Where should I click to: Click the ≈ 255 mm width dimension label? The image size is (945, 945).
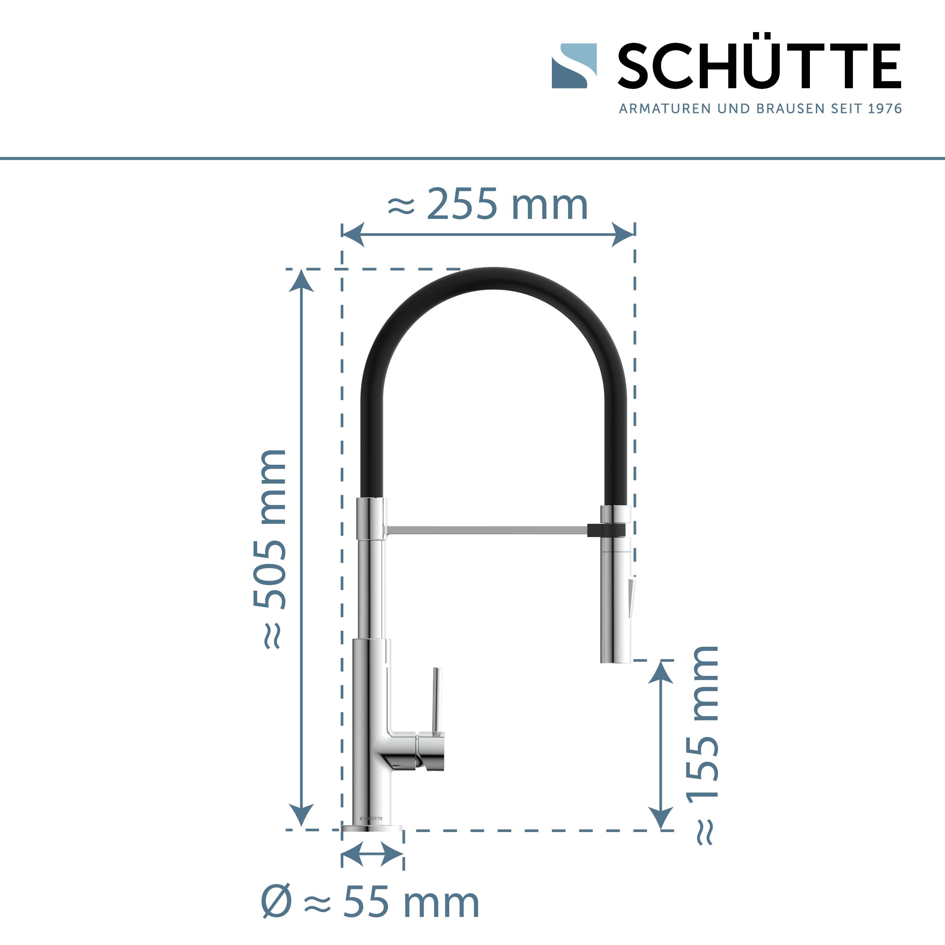tap(488, 205)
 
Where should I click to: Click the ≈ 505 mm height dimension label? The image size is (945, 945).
tap(270, 548)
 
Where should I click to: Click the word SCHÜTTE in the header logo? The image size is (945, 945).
tap(759, 66)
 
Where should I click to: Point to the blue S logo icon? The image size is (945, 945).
tap(574, 66)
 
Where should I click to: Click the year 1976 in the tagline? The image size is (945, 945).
tap(885, 109)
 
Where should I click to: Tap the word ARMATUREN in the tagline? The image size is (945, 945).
tap(665, 109)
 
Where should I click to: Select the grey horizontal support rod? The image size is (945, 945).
tap(487, 530)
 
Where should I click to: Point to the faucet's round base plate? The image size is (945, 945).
tap(372, 828)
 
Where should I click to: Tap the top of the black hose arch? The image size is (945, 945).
tap(493, 278)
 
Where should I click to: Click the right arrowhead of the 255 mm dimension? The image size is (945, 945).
tap(623, 234)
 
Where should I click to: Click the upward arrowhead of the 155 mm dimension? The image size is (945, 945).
tap(661, 672)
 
